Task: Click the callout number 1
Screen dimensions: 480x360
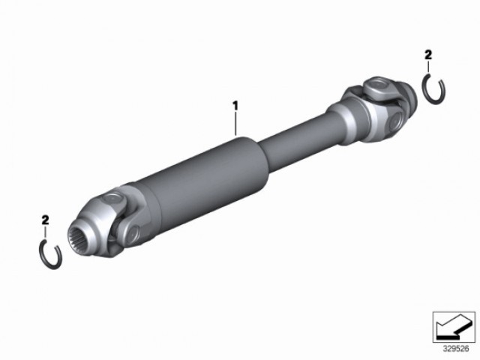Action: (235, 106)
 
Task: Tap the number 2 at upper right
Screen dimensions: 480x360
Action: (428, 55)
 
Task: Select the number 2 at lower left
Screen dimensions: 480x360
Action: (45, 220)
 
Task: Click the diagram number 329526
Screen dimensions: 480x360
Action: (456, 348)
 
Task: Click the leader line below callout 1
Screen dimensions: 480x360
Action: (235, 123)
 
